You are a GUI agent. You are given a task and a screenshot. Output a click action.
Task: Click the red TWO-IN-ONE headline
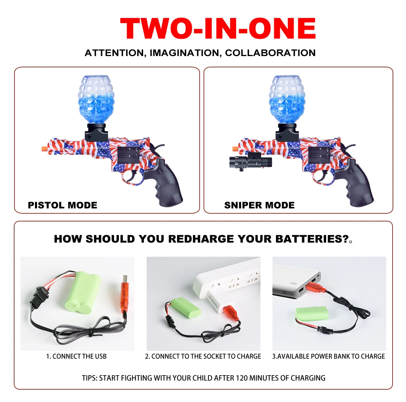218,29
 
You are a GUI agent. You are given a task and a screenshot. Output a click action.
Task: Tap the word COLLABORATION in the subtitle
270,53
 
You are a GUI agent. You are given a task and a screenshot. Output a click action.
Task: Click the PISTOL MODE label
63,205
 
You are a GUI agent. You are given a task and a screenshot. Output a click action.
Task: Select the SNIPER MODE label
259,205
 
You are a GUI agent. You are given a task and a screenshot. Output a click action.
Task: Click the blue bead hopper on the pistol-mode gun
96,99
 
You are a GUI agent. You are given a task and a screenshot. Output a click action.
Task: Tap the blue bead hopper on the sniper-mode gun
287,99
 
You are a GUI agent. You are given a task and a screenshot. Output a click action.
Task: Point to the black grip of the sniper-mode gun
358,183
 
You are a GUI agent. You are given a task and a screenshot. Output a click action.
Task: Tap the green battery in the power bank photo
312,313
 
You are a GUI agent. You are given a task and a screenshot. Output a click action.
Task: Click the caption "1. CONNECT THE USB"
76,357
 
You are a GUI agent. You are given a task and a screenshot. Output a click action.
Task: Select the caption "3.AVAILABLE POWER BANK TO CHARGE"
329,357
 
